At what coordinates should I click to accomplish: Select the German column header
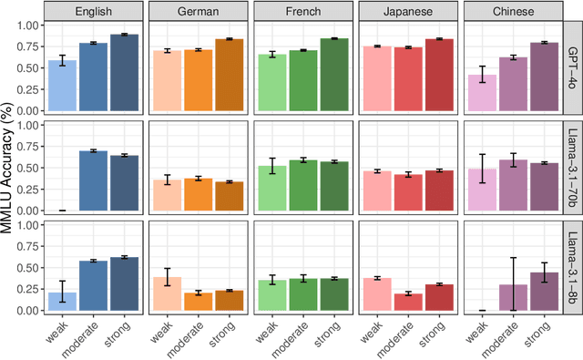pos(199,12)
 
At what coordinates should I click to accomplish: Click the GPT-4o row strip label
pos(573,67)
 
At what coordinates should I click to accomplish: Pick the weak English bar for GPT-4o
pos(62,86)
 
